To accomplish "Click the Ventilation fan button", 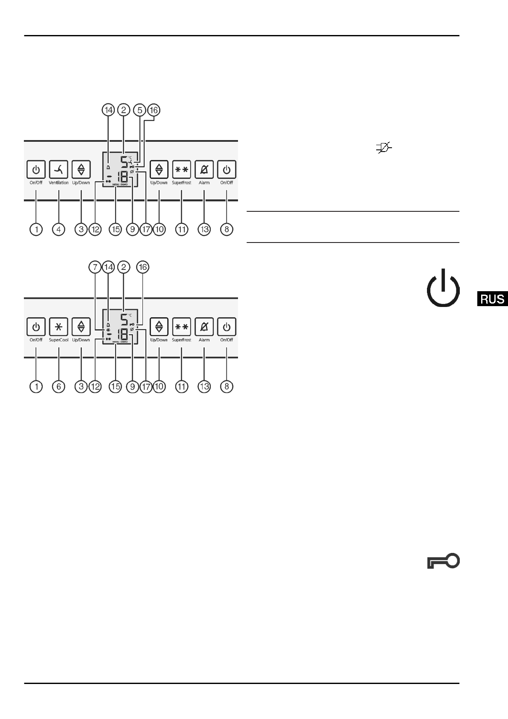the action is (x=59, y=170).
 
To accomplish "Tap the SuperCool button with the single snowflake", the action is (x=59, y=327).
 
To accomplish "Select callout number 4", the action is (x=59, y=229).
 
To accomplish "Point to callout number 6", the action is (x=59, y=387).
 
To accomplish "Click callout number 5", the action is (x=139, y=110).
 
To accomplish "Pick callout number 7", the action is (x=94, y=267).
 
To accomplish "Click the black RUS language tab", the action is (x=492, y=299).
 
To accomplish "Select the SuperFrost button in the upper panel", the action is (x=182, y=170).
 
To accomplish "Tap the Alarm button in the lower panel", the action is (x=204, y=327).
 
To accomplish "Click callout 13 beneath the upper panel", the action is (x=204, y=229).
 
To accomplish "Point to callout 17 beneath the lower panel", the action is (x=146, y=387).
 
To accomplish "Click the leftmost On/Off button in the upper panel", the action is (x=36, y=170).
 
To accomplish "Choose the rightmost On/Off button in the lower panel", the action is (x=226, y=327).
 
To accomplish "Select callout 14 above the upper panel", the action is (x=108, y=110).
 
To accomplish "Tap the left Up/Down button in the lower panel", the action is (x=81, y=327).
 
